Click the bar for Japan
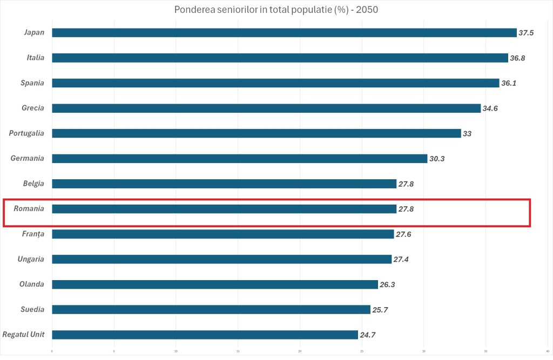click(x=284, y=32)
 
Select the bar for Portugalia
click(x=256, y=133)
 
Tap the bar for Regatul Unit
click(x=205, y=335)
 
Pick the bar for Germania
click(x=239, y=159)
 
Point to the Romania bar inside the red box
click(x=224, y=209)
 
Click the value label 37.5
click(x=526, y=33)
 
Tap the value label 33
click(x=467, y=133)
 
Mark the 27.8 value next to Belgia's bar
click(x=406, y=184)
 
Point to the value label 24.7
click(x=368, y=335)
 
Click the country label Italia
click(x=36, y=58)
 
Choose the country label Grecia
click(x=33, y=108)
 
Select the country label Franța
click(x=33, y=234)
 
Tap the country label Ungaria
click(x=31, y=259)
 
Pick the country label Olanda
click(x=32, y=284)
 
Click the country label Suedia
click(x=32, y=309)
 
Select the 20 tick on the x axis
click(x=300, y=351)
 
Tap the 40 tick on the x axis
click(x=548, y=351)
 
